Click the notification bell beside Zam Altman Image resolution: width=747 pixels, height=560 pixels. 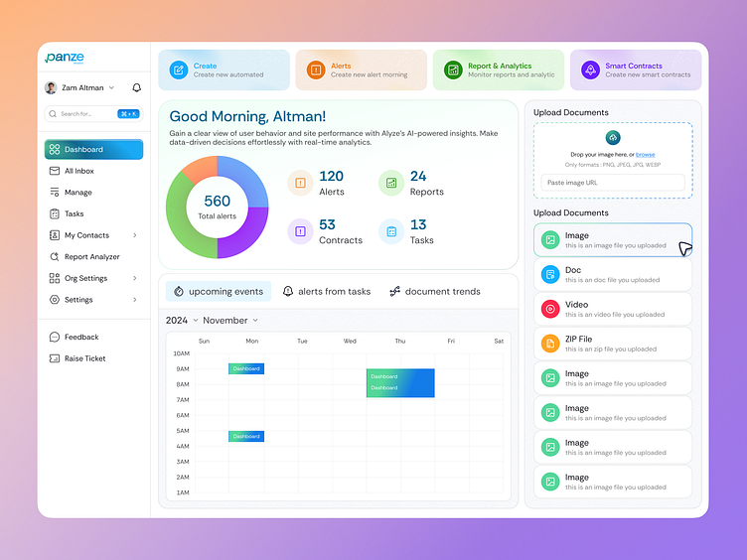[x=136, y=87]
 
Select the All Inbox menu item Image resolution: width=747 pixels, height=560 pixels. [x=78, y=171]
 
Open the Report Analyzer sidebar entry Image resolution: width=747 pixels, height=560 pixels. [x=91, y=257]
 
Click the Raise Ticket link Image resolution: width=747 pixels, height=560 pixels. [x=84, y=358]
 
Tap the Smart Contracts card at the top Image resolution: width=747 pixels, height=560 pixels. [x=636, y=70]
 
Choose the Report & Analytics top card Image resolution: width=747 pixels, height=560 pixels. [x=499, y=70]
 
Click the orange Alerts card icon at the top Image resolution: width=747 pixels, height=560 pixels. [x=315, y=70]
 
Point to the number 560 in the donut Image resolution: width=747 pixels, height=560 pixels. [x=217, y=202]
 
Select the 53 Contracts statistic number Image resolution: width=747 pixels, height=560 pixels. [x=327, y=225]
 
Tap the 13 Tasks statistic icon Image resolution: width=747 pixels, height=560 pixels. [x=391, y=232]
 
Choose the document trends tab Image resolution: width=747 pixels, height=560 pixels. [x=434, y=292]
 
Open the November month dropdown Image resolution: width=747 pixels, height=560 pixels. [x=230, y=321]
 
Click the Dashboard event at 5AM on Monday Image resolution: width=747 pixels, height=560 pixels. [x=246, y=436]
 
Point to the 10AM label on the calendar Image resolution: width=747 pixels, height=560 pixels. [x=181, y=353]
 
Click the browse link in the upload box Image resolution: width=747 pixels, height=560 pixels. [x=646, y=155]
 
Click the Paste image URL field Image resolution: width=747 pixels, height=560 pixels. [x=613, y=183]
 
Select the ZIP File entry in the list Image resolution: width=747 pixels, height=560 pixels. [x=613, y=344]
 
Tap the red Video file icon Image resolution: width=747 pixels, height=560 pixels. [x=549, y=309]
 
